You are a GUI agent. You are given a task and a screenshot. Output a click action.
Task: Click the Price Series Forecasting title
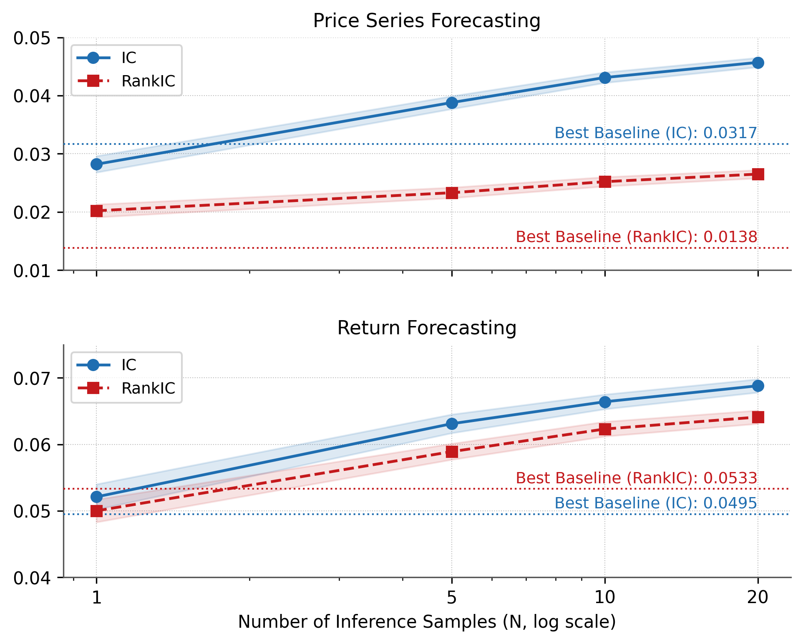pos(426,21)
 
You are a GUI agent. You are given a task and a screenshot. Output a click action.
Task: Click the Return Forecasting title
pos(426,328)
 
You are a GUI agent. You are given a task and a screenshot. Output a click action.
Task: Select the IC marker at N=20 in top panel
pos(758,63)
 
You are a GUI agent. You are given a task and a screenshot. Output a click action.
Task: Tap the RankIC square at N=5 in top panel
pos(452,193)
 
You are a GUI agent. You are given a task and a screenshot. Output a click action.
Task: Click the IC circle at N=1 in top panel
pos(96,164)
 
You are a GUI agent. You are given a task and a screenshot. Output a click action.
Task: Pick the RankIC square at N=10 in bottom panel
pos(605,429)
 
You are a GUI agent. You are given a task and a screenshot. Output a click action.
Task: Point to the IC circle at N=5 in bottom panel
pos(452,424)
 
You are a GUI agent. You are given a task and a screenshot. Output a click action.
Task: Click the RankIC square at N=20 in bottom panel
pos(758,417)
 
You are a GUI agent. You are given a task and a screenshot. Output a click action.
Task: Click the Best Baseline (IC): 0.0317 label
pos(655,133)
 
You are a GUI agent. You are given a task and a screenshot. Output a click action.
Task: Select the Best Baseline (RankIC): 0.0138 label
pos(636,237)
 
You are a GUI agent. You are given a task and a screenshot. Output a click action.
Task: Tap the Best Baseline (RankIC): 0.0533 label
pos(636,478)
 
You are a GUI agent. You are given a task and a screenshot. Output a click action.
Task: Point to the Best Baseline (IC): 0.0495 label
pos(655,503)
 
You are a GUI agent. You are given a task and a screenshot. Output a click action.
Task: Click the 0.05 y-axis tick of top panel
pos(32,38)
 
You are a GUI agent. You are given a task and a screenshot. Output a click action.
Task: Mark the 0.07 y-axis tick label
pos(32,379)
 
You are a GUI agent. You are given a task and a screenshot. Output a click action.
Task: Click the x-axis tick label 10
pos(605,598)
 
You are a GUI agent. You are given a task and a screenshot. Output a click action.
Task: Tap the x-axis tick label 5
pos(452,598)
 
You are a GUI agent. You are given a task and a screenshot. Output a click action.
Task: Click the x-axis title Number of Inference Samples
pos(426,622)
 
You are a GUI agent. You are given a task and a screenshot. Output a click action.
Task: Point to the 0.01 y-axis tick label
pos(32,271)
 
